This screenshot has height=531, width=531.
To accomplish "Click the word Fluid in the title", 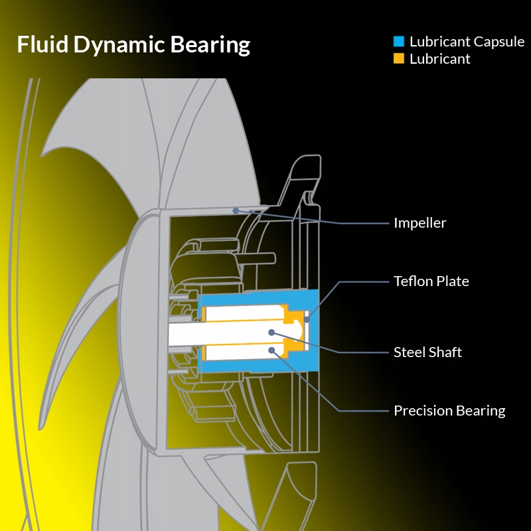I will (x=42, y=44).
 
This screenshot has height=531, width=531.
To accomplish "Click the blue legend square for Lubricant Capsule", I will (x=399, y=42).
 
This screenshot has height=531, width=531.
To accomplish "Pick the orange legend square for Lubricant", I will (x=399, y=59).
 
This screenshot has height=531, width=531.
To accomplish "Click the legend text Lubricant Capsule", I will (x=467, y=42).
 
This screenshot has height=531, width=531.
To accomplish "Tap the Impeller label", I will (x=419, y=223).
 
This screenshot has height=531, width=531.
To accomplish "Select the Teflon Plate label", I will (x=431, y=281).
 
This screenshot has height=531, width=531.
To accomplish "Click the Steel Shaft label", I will (x=427, y=352).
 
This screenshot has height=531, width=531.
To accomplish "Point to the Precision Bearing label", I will (x=449, y=411).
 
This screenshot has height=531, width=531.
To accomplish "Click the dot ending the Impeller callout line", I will (x=236, y=210).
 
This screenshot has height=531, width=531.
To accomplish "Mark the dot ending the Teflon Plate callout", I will (x=307, y=320).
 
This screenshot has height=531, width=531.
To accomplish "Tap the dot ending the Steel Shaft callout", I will (x=271, y=332).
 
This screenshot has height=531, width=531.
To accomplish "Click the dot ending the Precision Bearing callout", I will (x=271, y=349).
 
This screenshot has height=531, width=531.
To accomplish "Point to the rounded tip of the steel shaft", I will (x=299, y=329).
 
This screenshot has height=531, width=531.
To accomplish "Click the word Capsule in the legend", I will (x=498, y=42).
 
